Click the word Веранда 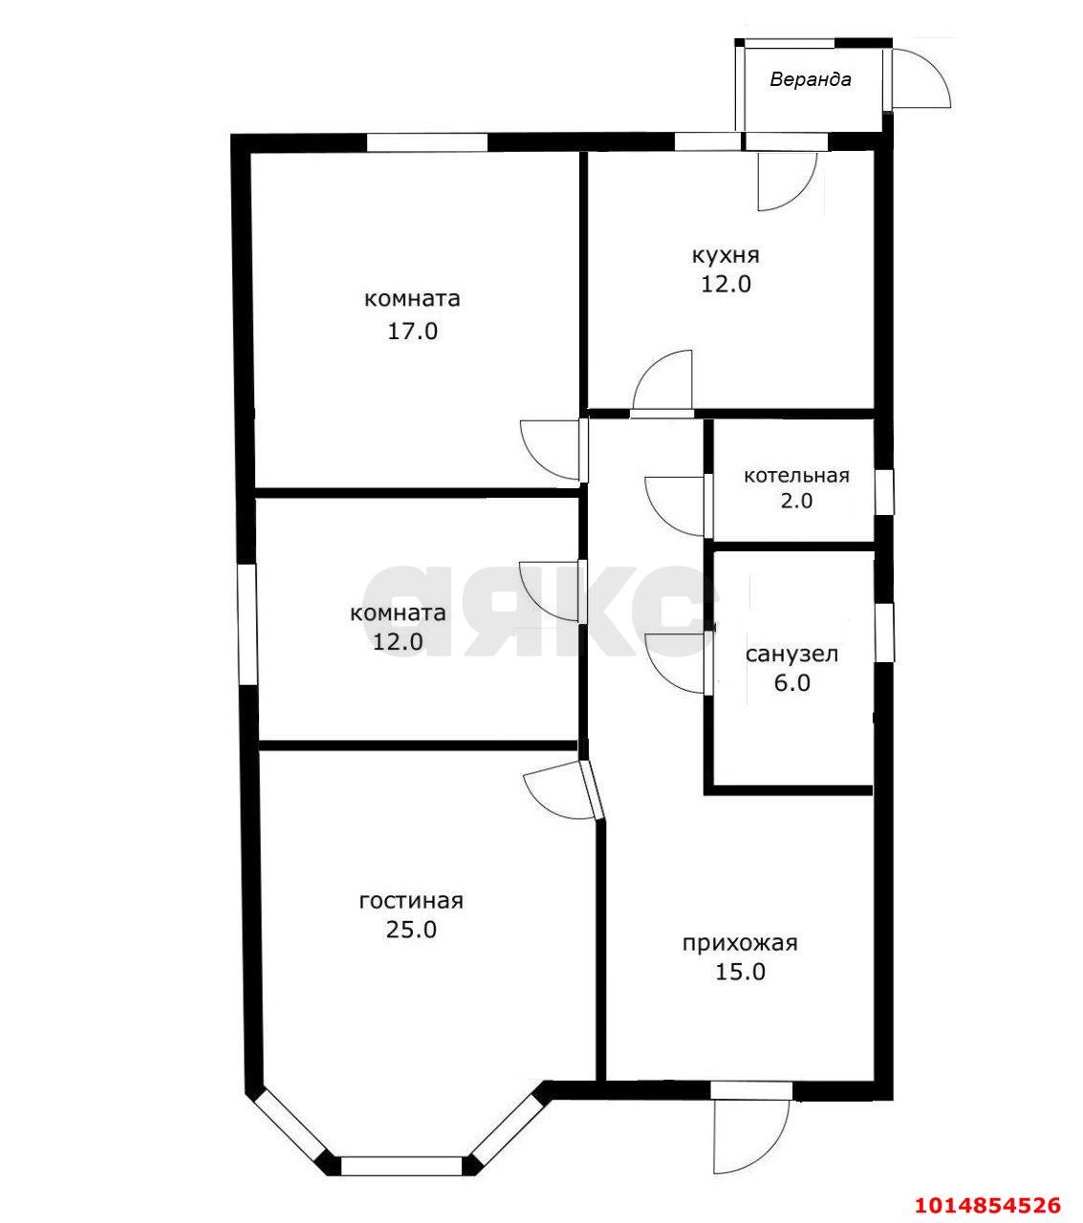tap(810, 79)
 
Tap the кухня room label tap(726, 255)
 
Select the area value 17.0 tap(412, 332)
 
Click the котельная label tap(796, 476)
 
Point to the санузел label tap(791, 654)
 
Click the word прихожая tap(740, 943)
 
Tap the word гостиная tap(411, 901)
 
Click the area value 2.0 tap(796, 501)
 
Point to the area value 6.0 tap(791, 683)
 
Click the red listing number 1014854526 tap(987, 1188)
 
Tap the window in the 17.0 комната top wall tap(426, 141)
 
